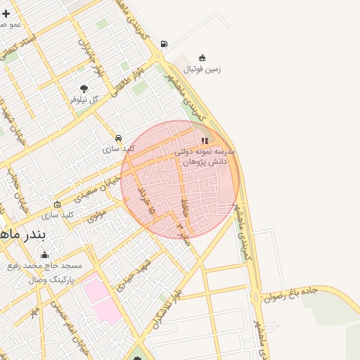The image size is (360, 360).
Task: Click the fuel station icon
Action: click(x=164, y=44)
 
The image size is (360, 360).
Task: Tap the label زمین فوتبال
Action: click(x=202, y=69)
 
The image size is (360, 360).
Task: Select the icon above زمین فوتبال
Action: click(x=202, y=58)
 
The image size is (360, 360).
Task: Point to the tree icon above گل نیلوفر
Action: click(x=84, y=89)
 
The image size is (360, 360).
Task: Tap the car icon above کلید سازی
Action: click(x=118, y=138)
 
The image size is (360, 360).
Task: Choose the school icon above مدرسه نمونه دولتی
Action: click(x=205, y=141)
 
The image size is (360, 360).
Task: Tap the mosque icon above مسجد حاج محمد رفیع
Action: click(x=45, y=255)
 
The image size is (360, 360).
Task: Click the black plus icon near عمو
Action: click(x=6, y=13)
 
